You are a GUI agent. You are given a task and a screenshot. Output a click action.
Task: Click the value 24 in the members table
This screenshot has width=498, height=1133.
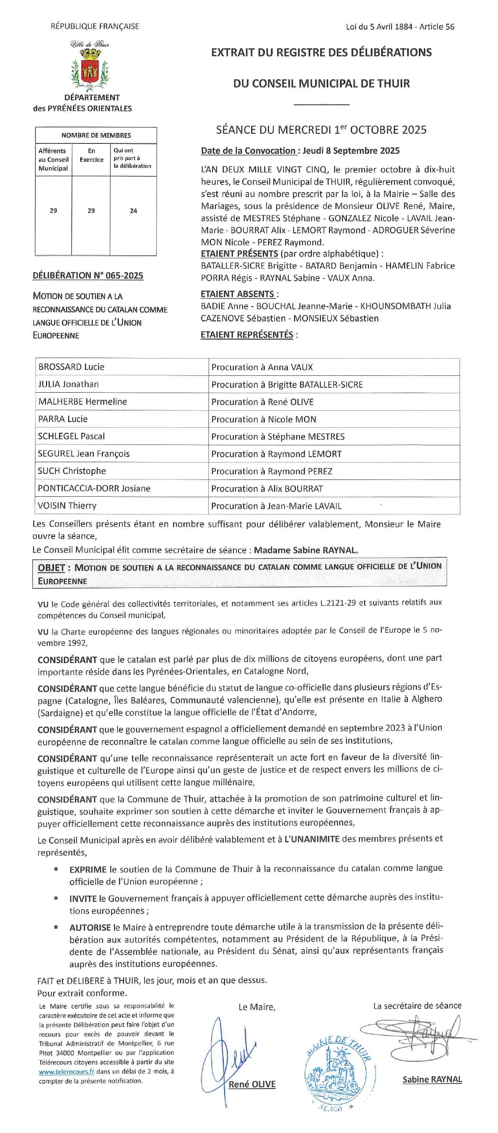click(x=133, y=211)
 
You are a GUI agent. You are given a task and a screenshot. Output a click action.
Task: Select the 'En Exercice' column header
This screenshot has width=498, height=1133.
click(x=91, y=155)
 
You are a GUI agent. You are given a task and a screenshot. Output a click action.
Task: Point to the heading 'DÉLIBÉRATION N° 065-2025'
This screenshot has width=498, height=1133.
click(x=88, y=275)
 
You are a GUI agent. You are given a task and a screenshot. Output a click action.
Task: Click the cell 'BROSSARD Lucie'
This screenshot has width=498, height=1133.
click(x=71, y=367)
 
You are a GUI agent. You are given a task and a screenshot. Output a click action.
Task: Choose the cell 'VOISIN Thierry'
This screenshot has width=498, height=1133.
click(x=67, y=505)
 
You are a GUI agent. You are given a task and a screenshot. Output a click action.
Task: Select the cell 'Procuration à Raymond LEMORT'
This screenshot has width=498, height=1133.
click(x=276, y=454)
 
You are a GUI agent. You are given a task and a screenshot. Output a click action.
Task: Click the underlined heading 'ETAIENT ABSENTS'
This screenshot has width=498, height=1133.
click(x=238, y=294)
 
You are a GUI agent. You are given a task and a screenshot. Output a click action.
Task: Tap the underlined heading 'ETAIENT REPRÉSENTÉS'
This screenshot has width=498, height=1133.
click(x=247, y=334)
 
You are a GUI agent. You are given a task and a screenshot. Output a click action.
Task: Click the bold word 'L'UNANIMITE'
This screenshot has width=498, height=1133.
click(x=311, y=839)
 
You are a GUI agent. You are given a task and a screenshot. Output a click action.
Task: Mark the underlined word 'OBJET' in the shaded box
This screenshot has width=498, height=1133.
click(x=51, y=568)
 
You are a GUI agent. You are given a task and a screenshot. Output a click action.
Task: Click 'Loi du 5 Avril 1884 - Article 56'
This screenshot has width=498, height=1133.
click(x=400, y=27)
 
